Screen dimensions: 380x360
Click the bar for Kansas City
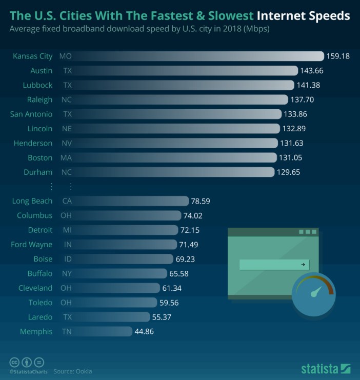coord(200,56)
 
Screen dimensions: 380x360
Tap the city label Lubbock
coord(37,85)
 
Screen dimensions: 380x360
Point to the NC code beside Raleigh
coord(66,99)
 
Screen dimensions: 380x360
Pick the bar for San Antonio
coord(179,114)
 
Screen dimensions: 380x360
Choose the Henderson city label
coord(33,143)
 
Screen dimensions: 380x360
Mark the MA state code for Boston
coord(66,157)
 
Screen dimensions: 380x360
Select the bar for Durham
coord(174,172)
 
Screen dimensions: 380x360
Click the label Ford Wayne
coord(31,245)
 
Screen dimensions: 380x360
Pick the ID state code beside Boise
coord(67,259)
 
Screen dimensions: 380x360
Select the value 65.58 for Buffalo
coord(182,273)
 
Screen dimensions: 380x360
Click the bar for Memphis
coord(105,331)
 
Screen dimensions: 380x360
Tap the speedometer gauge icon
coord(313,294)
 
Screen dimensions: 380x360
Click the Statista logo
coord(326,368)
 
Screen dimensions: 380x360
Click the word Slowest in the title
coord(226,15)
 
